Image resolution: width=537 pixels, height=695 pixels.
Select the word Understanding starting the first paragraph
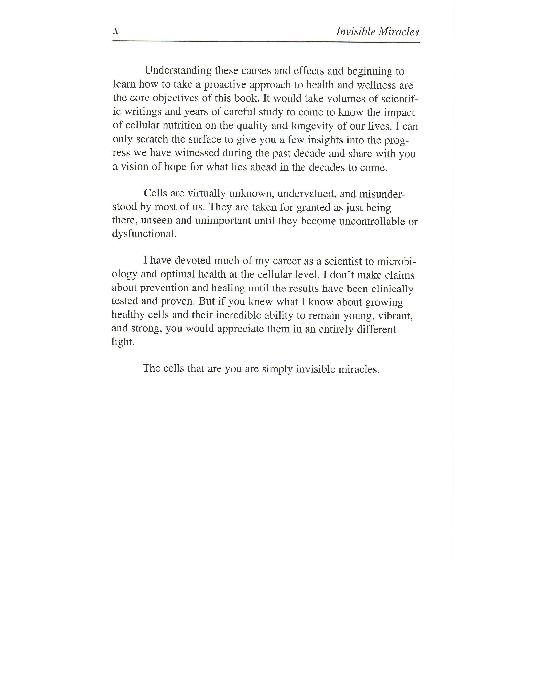coord(178,71)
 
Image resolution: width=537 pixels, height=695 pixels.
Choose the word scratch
coord(152,139)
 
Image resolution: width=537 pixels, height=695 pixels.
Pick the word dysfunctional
coord(144,234)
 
